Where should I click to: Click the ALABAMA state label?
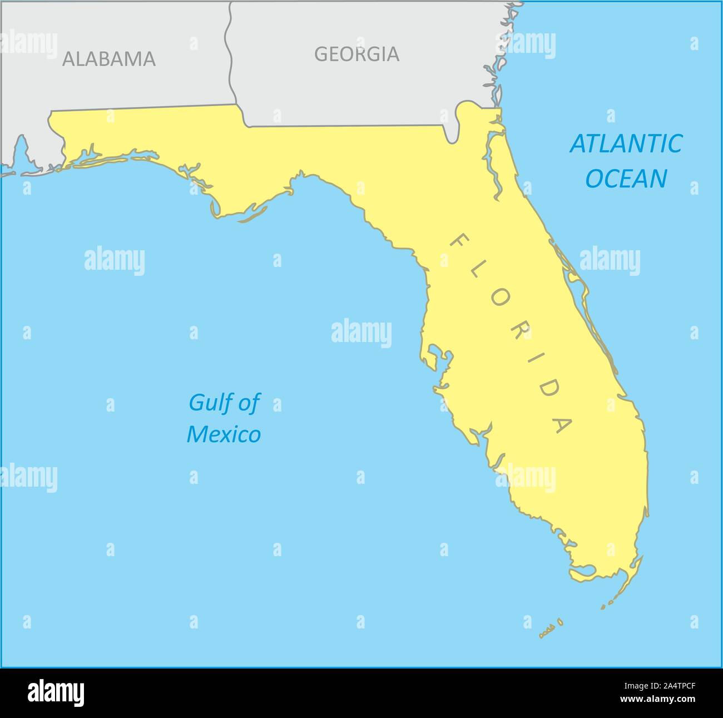[109, 58]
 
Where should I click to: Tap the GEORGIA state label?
[356, 54]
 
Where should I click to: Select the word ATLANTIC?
[626, 143]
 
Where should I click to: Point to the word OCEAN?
[627, 179]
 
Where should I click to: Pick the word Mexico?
[224, 434]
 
